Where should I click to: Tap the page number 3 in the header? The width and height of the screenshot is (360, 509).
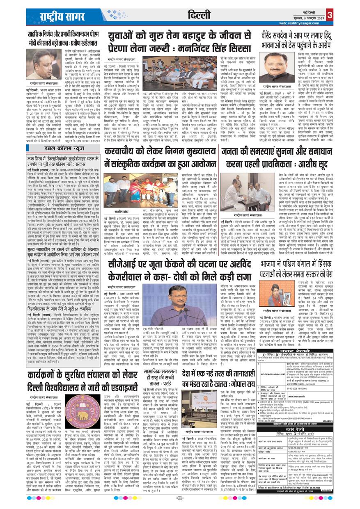(330, 15)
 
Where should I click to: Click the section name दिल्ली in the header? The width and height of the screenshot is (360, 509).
(200, 15)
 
